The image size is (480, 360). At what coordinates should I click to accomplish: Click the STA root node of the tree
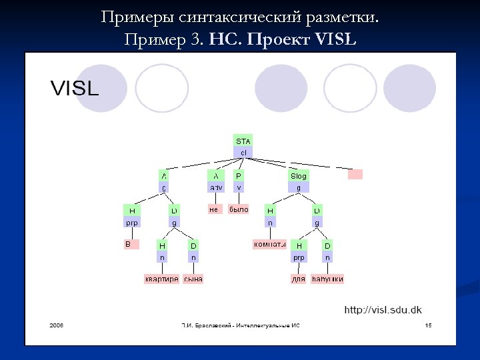click(243, 141)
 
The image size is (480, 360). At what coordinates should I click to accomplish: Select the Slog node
click(298, 176)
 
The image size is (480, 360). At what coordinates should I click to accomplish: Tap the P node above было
click(239, 176)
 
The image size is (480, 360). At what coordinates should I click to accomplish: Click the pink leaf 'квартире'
click(162, 279)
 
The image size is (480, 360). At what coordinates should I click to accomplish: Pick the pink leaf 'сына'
click(193, 279)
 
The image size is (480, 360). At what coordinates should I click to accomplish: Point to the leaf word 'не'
click(214, 209)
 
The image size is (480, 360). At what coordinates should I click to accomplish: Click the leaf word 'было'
click(239, 209)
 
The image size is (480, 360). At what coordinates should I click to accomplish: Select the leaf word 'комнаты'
click(269, 245)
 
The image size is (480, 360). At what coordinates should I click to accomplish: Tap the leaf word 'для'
click(299, 279)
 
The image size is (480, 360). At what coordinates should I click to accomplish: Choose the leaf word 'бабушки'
click(327, 279)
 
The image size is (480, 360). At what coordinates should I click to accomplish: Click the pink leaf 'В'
click(131, 245)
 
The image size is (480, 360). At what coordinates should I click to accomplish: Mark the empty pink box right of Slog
click(356, 174)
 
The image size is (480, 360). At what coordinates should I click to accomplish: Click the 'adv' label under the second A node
click(216, 188)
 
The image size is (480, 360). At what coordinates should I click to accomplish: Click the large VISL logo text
click(75, 88)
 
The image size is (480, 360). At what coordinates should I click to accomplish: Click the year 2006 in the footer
click(56, 325)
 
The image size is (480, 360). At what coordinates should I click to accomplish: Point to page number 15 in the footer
click(428, 325)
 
